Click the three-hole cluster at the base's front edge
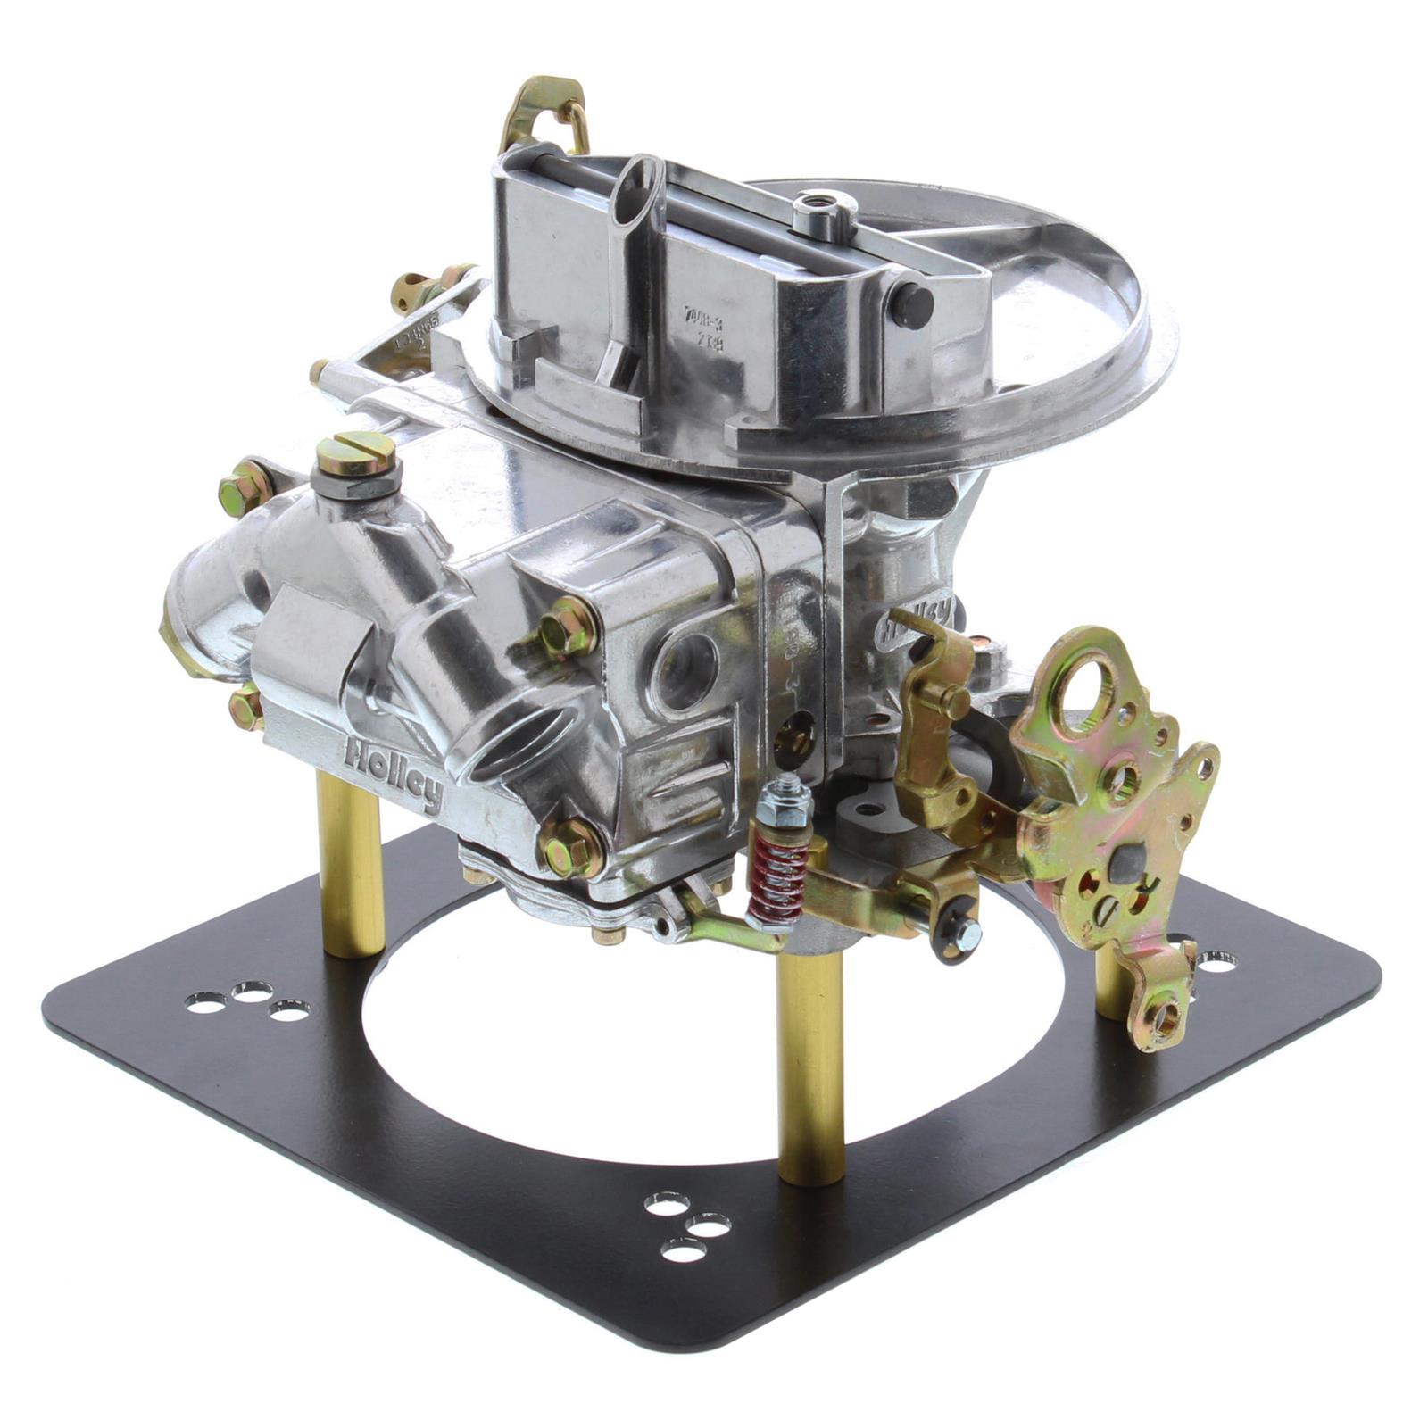686,1228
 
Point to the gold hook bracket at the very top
544,112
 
